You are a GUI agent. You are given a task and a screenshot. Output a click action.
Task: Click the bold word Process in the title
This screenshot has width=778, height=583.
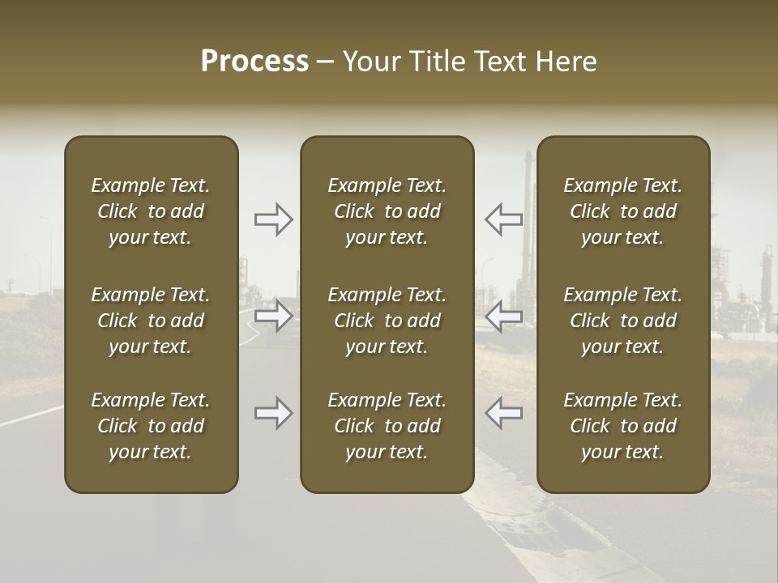click(254, 62)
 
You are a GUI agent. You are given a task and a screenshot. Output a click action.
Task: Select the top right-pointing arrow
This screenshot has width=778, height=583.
click(274, 219)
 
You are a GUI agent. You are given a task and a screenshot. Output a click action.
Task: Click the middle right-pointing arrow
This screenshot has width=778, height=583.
click(274, 316)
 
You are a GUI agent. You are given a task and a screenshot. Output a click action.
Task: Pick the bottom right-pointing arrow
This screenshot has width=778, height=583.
click(274, 413)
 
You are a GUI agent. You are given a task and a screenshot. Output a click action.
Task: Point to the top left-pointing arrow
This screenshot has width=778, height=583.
click(503, 219)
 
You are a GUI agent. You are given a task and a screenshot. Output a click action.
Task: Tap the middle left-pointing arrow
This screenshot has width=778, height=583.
click(503, 316)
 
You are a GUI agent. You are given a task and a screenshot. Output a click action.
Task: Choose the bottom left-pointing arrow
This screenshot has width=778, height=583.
click(503, 413)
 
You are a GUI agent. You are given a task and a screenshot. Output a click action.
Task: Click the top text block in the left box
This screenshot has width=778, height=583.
click(151, 211)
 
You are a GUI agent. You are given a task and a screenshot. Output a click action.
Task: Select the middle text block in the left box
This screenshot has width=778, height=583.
click(151, 321)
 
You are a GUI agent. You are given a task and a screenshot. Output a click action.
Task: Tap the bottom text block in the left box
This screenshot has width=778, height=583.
click(151, 426)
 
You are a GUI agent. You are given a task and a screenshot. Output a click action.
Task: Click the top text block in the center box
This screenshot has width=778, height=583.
click(387, 211)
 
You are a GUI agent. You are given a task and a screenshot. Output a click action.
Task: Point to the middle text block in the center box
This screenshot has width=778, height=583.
click(387, 321)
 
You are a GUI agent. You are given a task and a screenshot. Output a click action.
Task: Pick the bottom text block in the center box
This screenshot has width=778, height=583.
click(387, 426)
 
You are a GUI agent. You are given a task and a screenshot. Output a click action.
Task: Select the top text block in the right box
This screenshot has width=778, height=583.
click(622, 211)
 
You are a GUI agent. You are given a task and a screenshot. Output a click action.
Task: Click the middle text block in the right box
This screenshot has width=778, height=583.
click(622, 321)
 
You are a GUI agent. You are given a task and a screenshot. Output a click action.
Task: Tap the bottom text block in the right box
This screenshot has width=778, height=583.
click(622, 426)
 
